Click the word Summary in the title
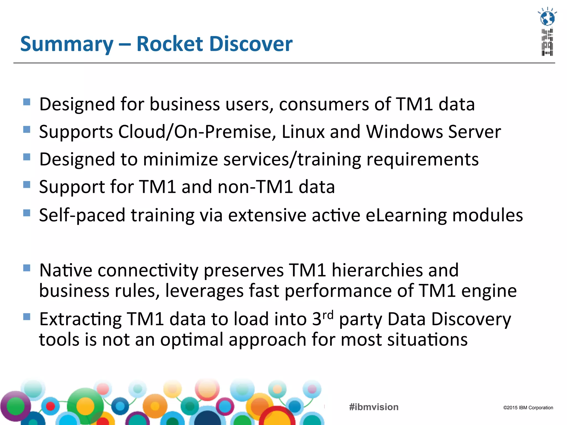(x=67, y=44)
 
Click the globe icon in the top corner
(x=547, y=18)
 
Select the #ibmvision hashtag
(x=374, y=407)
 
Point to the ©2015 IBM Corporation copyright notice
(x=528, y=408)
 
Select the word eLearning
(x=406, y=215)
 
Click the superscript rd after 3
(x=328, y=315)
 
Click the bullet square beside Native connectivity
(x=27, y=268)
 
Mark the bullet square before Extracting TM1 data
(x=27, y=317)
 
